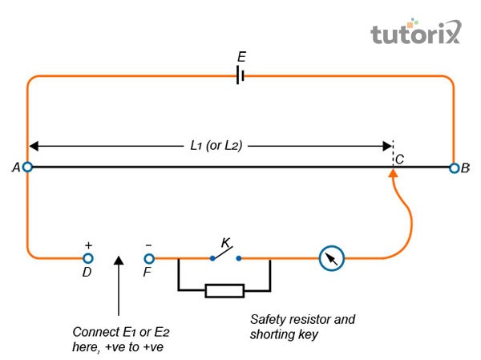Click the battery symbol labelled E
tap(240, 76)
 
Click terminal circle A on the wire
tap(27, 168)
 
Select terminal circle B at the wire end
tap(455, 168)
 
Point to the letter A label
tap(15, 168)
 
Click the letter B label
tap(467, 168)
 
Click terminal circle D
tap(88, 258)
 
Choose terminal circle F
tap(148, 258)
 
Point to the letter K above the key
tap(226, 242)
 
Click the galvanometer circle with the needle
tap(331, 258)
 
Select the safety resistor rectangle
tap(224, 289)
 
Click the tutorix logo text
tap(416, 33)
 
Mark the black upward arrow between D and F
tap(119, 285)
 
